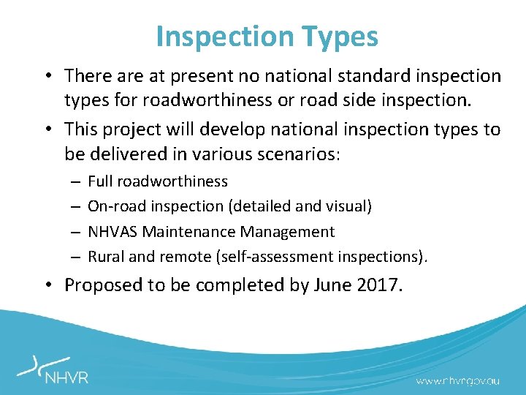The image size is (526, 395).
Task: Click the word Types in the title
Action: click(x=342, y=37)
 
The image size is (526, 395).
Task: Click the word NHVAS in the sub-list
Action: click(x=113, y=232)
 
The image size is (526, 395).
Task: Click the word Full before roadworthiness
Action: click(x=101, y=181)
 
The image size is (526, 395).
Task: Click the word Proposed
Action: click(x=102, y=284)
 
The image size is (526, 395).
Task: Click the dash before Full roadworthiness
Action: click(x=75, y=181)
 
